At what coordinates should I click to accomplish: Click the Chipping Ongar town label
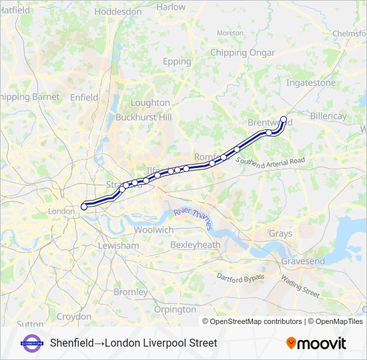[238, 53]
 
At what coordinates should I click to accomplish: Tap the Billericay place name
[328, 116]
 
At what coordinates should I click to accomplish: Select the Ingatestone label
[311, 83]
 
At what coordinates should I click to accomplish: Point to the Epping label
[177, 61]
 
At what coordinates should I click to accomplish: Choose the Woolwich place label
[153, 229]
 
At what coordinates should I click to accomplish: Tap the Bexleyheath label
[195, 245]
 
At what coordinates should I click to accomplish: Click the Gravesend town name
[302, 261]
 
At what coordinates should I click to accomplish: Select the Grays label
[280, 233]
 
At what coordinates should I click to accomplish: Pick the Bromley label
[131, 292]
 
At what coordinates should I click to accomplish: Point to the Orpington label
[175, 309]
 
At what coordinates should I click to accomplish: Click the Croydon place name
[73, 316]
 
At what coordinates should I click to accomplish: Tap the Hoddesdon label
[118, 11]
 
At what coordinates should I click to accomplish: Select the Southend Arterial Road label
[270, 162]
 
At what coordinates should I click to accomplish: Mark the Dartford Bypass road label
[240, 277]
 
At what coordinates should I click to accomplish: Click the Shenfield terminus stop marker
[284, 120]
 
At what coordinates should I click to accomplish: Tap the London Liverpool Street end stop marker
[84, 207]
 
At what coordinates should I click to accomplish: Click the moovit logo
[316, 343]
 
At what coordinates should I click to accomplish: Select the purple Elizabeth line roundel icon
[31, 343]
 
